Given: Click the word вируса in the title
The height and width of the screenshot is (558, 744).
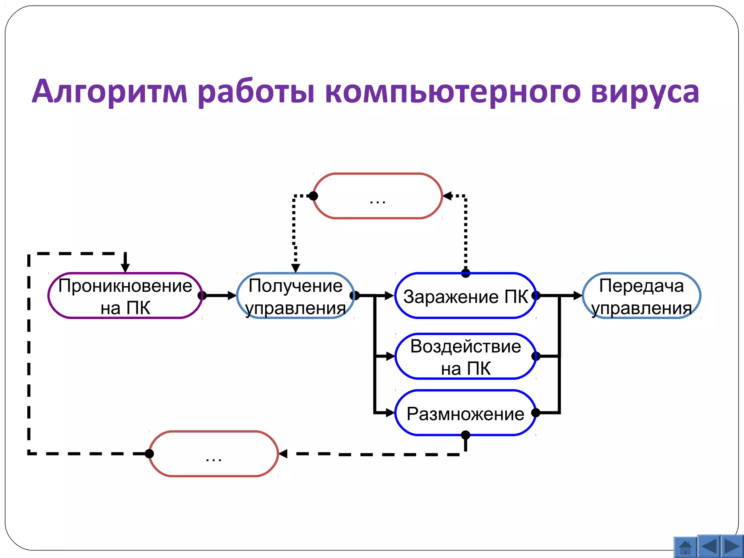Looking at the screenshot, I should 645,92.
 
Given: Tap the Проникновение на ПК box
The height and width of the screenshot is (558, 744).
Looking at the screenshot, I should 125,296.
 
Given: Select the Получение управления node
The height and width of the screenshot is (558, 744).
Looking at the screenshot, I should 295,296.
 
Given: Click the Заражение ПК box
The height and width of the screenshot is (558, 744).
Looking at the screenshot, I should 465,296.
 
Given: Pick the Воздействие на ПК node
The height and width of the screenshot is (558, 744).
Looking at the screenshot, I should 465,356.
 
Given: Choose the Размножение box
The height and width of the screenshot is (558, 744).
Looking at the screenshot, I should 465,413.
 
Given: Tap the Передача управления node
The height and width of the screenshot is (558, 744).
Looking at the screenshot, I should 641,296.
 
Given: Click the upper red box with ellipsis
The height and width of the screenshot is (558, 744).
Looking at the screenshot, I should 377,196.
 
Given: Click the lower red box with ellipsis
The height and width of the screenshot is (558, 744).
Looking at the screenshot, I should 214,454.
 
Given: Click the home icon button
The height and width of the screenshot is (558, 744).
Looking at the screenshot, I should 685,547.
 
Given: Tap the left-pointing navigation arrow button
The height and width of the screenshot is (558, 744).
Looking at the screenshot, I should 709,546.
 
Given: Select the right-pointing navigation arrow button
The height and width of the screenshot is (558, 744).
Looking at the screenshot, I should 732,546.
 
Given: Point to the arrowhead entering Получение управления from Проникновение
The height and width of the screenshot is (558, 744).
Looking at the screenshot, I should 232,295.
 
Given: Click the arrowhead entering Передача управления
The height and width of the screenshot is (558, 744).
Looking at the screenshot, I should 578,295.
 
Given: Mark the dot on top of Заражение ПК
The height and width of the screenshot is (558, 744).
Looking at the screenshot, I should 466,273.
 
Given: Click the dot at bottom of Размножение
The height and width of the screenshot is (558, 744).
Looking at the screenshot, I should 465,435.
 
